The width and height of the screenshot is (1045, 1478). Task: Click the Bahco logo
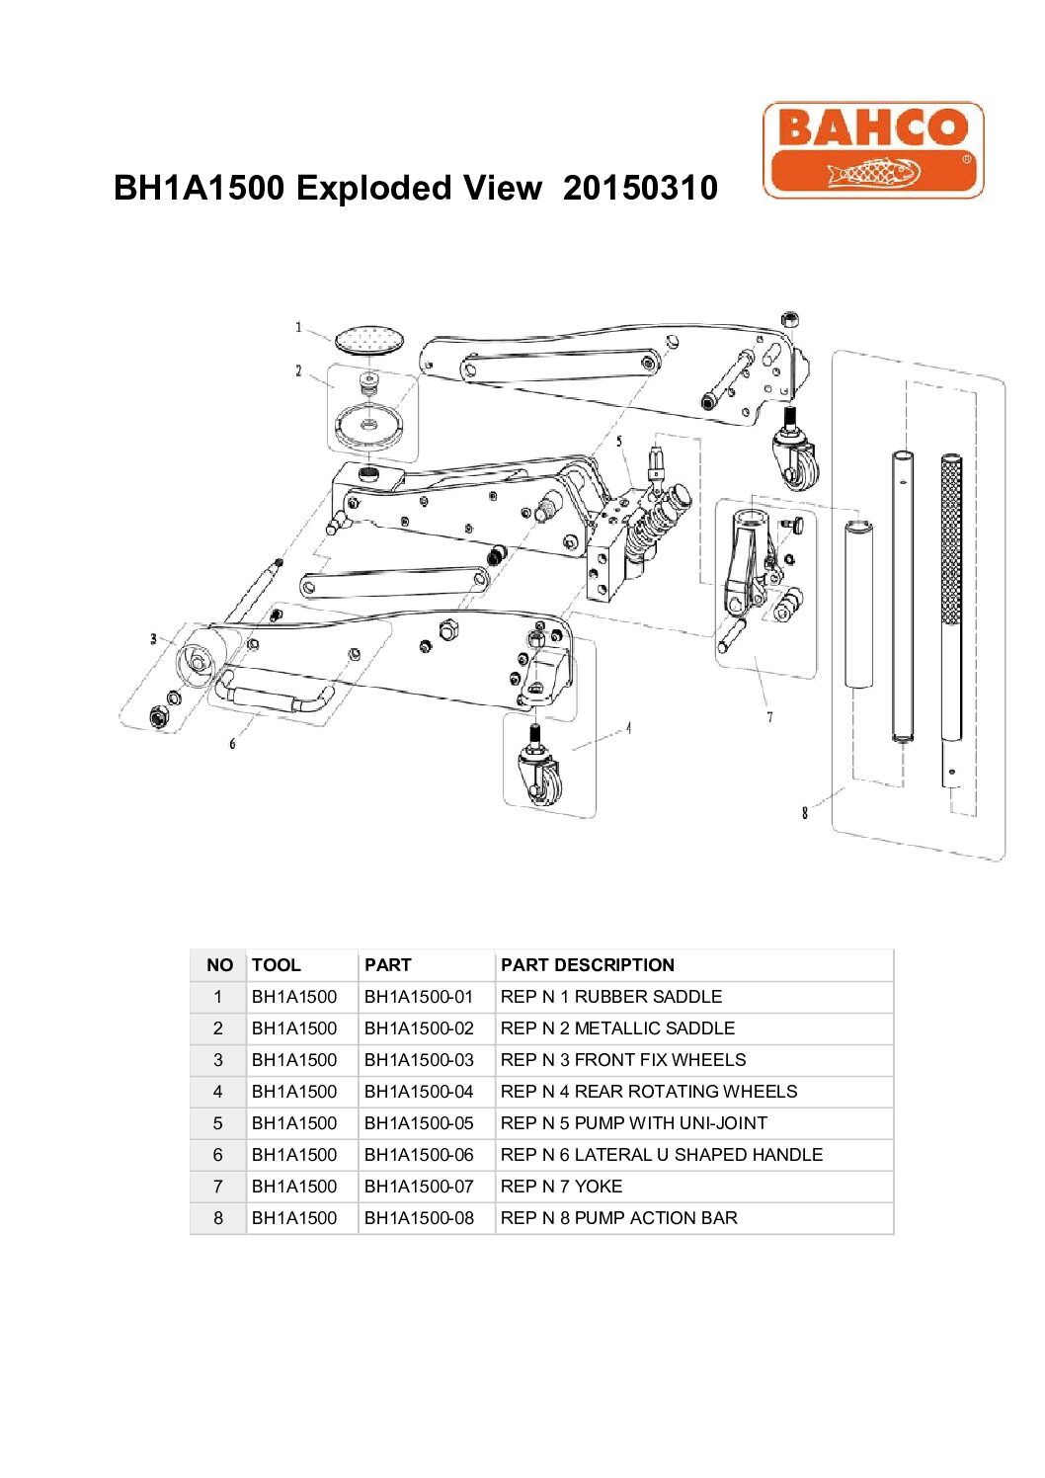(873, 150)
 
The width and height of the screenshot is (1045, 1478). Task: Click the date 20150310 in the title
(640, 188)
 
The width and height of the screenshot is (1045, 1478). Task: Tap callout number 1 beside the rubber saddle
(298, 327)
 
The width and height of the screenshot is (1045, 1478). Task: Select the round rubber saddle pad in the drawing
(369, 340)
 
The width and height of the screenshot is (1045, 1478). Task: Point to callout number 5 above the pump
(619, 442)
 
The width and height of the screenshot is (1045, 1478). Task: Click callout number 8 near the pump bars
(805, 812)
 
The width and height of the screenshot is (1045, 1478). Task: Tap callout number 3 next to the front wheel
(153, 639)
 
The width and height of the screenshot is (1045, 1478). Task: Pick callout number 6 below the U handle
(232, 743)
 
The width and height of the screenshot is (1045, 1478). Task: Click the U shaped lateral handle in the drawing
(276, 695)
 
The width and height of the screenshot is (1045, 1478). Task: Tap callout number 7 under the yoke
(769, 716)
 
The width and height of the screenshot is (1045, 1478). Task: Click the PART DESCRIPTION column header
(587, 965)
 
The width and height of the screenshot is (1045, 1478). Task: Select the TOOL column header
(276, 965)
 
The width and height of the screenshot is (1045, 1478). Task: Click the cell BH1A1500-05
(419, 1123)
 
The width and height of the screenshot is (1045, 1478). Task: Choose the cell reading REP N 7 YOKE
(561, 1187)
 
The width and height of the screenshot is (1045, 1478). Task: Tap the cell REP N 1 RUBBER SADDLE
(610, 997)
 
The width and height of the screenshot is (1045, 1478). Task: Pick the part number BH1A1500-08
(419, 1218)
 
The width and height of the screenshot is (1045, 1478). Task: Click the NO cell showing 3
(218, 1060)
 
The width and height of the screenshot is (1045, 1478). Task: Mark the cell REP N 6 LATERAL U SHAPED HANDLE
(661, 1155)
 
